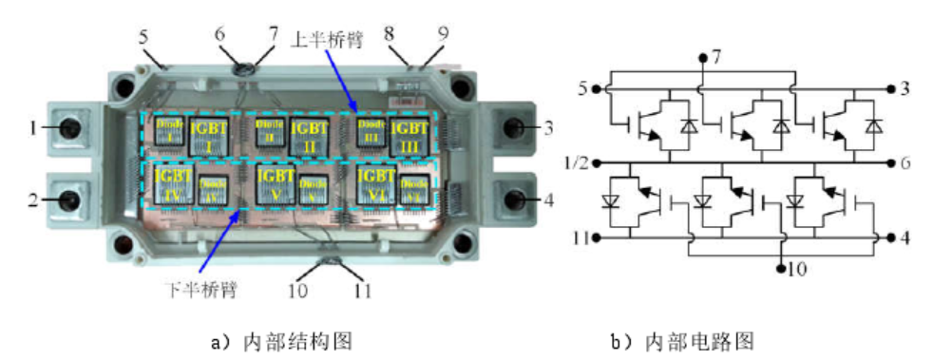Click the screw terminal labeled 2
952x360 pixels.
[70, 199]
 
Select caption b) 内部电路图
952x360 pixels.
[689, 339]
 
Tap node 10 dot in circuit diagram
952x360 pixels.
[780, 269]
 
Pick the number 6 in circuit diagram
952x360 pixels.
[905, 161]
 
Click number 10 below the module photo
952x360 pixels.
[298, 289]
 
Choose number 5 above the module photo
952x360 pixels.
[143, 40]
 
